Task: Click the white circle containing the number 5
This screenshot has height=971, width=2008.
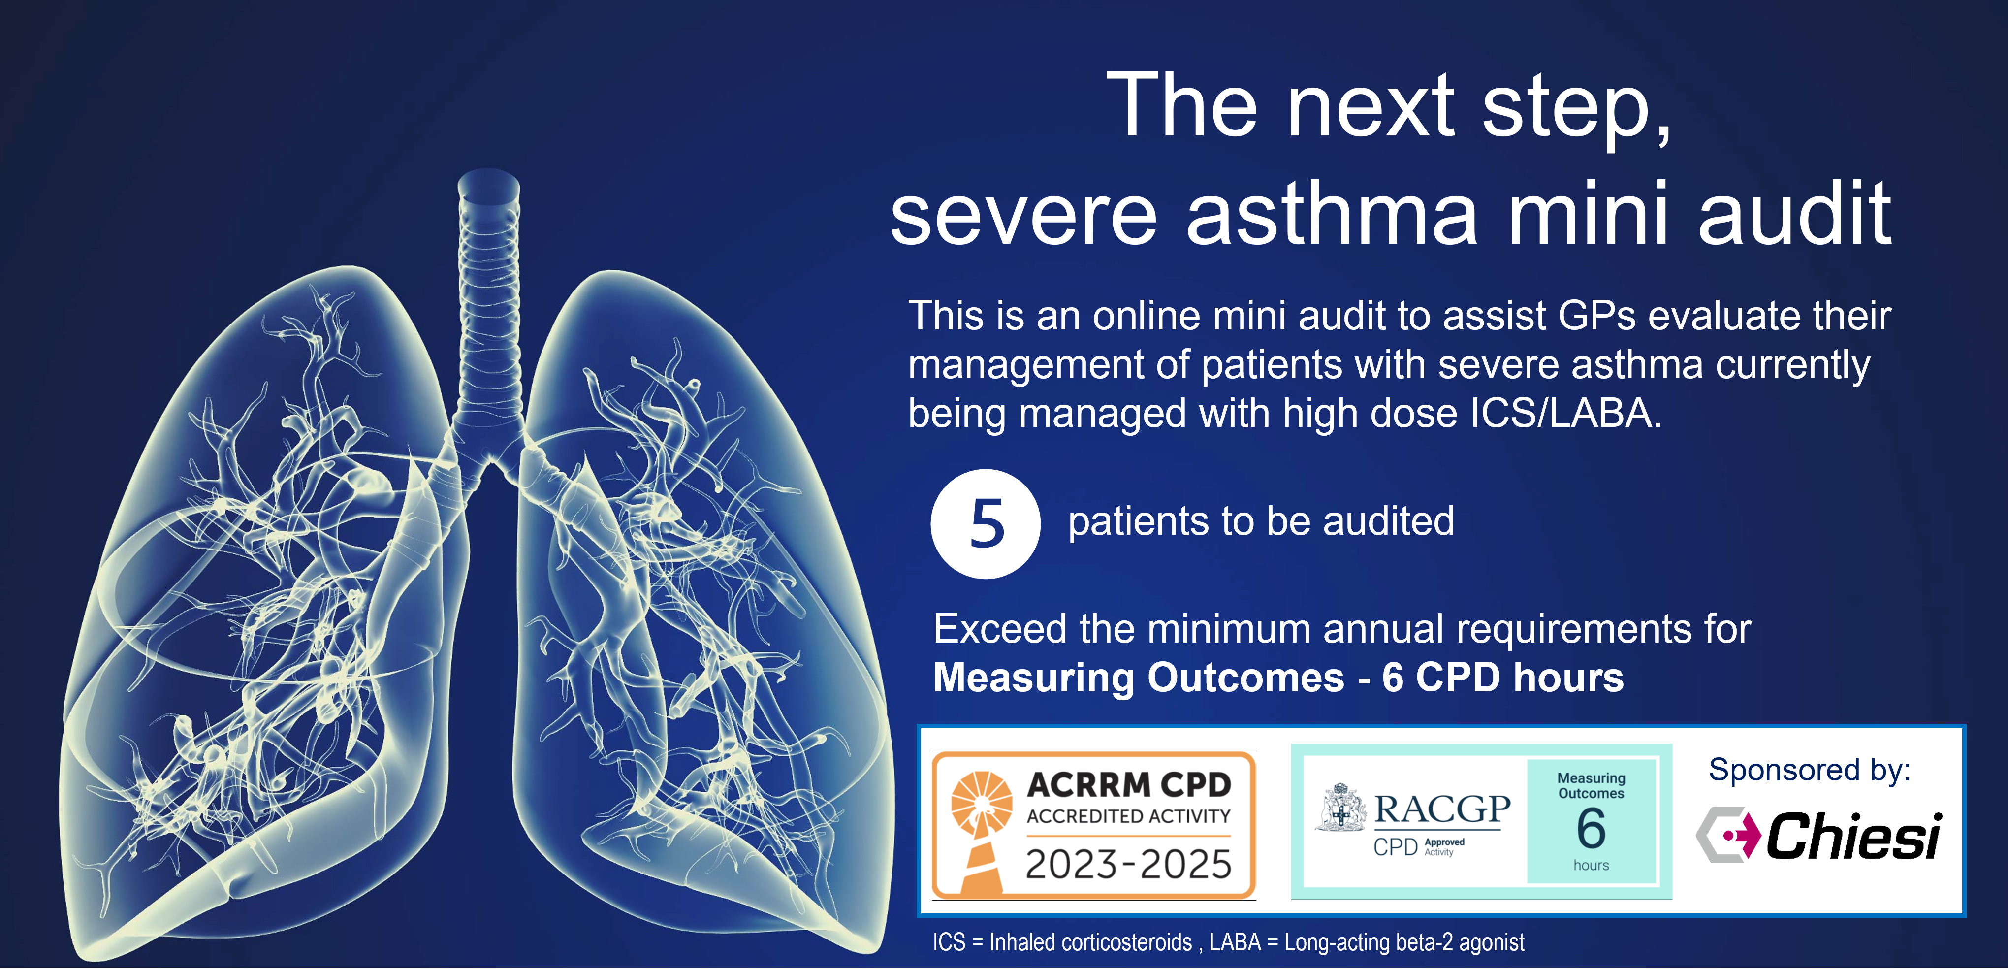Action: [985, 523]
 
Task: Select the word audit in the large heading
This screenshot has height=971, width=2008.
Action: [1795, 211]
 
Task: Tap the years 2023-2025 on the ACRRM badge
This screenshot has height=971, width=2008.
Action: [1128, 864]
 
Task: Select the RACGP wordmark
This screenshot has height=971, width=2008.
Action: [1442, 809]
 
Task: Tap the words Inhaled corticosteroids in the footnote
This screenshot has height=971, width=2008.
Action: [1090, 942]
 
